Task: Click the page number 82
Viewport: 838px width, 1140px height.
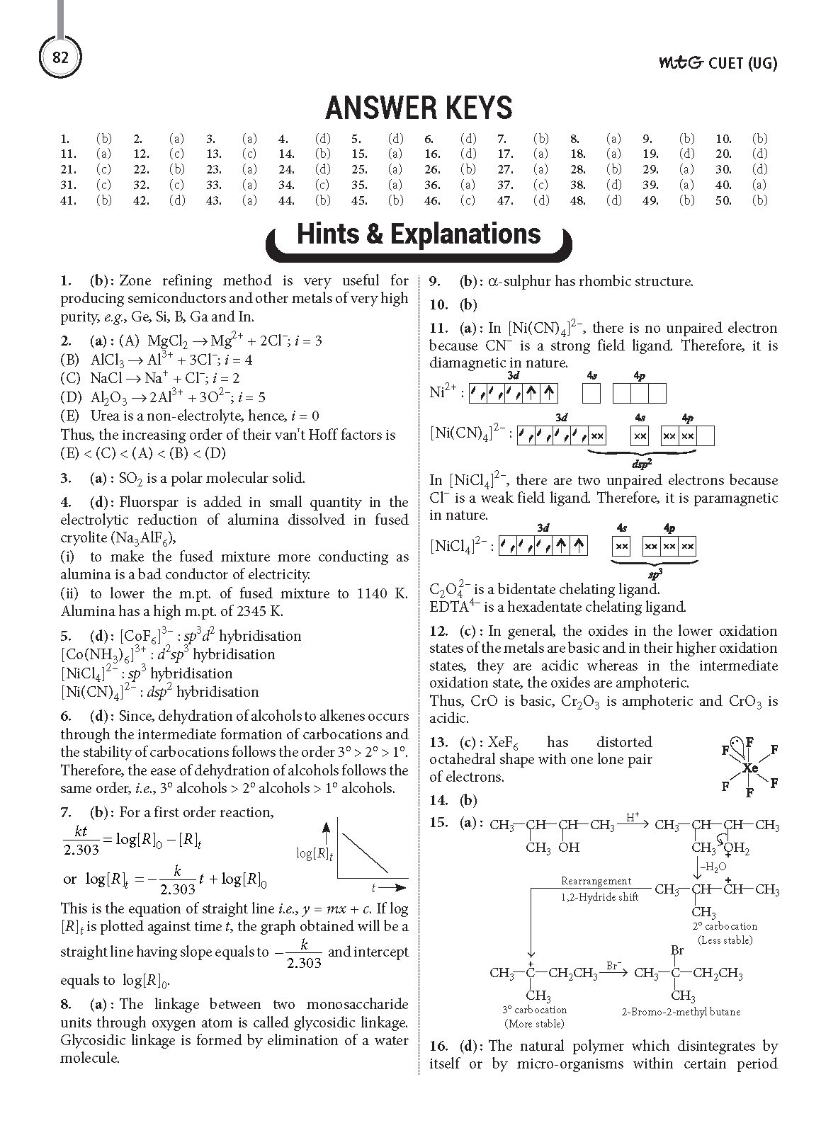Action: point(60,57)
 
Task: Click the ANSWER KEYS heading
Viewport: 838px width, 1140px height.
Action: point(419,108)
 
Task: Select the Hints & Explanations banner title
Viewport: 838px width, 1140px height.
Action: point(419,234)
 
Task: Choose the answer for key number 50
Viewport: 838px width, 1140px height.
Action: point(759,200)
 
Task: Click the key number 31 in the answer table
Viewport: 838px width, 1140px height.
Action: point(69,185)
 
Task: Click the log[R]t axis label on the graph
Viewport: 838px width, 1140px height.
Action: point(315,853)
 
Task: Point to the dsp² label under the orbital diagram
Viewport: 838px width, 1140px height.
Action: point(641,464)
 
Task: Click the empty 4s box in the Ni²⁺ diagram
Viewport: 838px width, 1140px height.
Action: point(591,392)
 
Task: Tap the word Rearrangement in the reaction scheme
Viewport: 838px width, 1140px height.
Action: point(596,881)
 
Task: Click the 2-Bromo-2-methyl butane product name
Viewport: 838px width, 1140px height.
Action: point(681,1012)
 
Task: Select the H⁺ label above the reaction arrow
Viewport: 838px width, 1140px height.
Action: point(633,818)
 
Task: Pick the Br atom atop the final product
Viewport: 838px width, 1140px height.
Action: point(676,950)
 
